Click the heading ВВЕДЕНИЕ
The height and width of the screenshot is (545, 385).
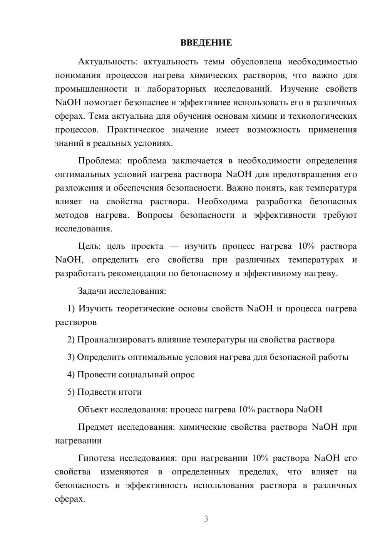click(206, 43)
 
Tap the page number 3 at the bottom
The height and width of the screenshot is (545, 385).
click(206, 519)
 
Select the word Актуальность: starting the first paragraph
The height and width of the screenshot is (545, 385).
click(99, 62)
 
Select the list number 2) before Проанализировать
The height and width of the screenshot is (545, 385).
click(71, 340)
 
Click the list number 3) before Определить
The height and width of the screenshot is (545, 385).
click(71, 357)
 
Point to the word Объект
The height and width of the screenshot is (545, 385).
click(92, 409)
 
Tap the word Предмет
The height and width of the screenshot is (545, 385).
click(95, 427)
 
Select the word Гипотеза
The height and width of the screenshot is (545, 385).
click(96, 458)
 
